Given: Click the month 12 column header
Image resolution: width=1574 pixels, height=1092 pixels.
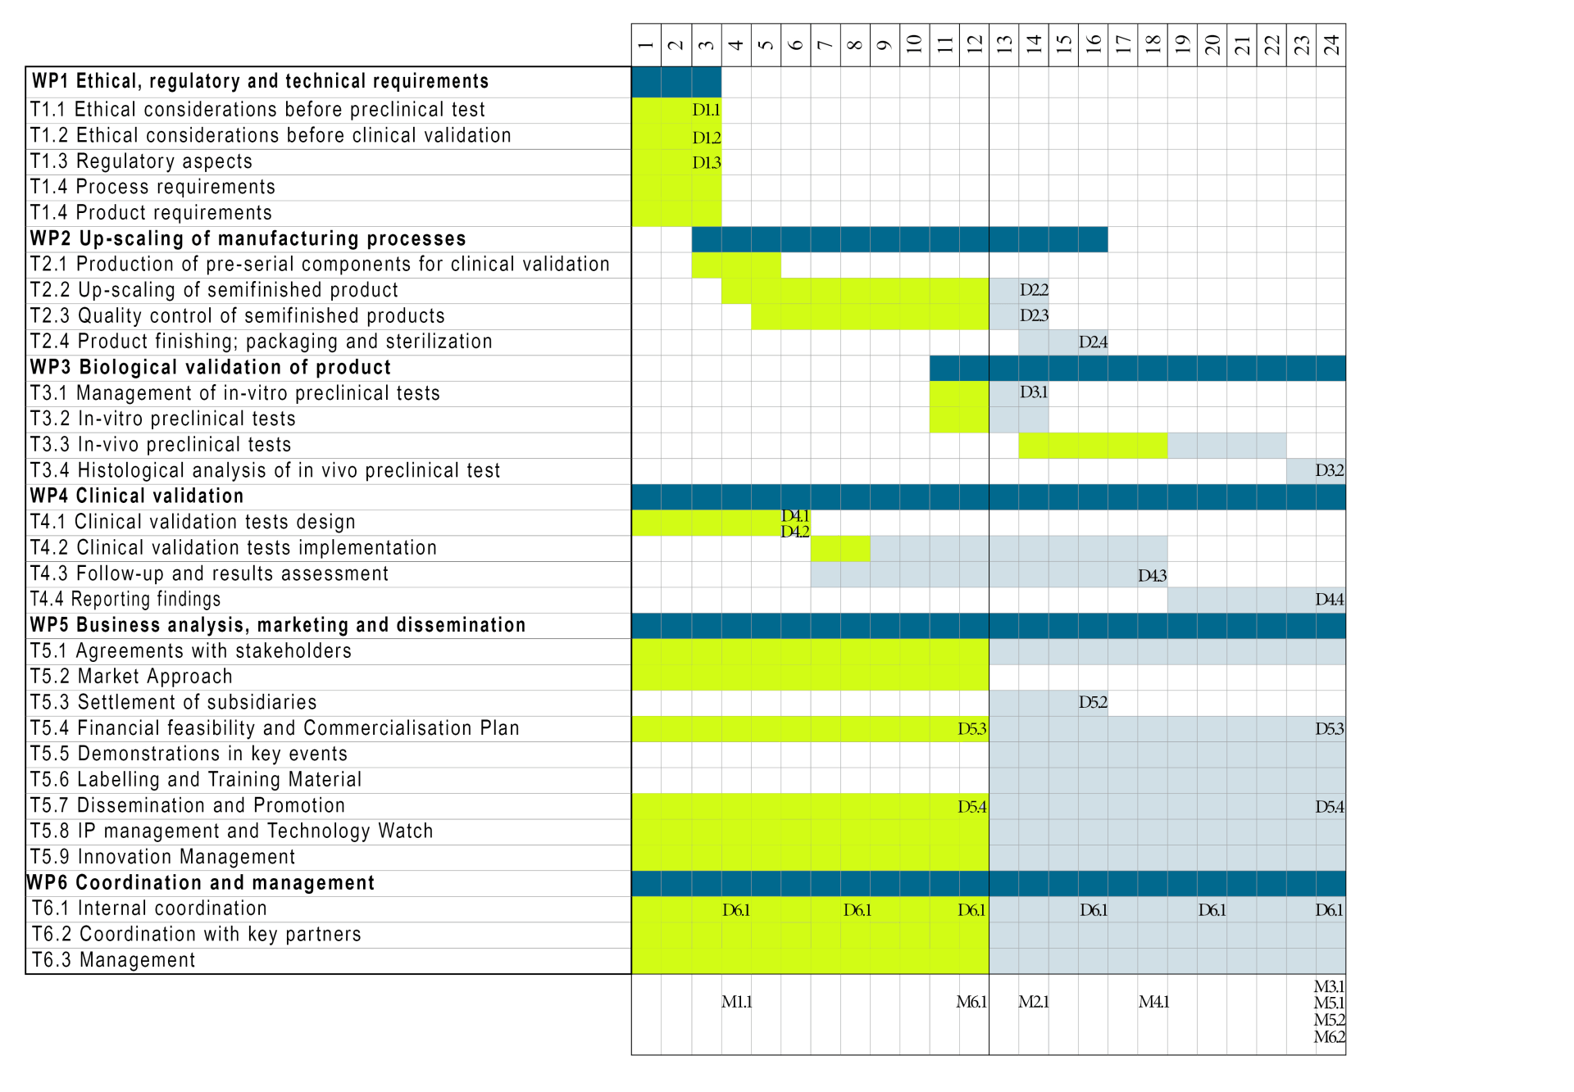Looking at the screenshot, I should (974, 44).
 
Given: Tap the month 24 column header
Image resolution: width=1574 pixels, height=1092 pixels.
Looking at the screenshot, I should (1331, 44).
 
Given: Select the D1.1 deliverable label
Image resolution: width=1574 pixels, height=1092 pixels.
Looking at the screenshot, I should (706, 110).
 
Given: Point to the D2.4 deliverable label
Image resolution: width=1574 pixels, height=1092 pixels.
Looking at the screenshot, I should (1093, 342).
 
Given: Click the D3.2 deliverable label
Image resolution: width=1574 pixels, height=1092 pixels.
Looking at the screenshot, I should (1329, 470).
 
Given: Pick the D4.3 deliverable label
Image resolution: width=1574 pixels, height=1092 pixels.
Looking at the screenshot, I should (1152, 576).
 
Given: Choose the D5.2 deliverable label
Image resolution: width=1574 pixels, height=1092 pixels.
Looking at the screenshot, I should (1093, 702).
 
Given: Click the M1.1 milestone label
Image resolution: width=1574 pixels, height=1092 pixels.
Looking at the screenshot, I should (736, 1001).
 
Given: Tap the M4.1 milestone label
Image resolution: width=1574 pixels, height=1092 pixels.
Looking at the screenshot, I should (1153, 1001).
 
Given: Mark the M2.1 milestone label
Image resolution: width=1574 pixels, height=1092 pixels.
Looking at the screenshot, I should (1034, 1001).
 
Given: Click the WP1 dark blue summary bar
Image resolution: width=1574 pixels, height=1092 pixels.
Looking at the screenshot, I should (676, 82).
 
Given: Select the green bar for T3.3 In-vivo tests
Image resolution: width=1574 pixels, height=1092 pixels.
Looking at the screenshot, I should (1092, 445).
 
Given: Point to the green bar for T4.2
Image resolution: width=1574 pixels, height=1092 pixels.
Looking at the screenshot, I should (840, 548).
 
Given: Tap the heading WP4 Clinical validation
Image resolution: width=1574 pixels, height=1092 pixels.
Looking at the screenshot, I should (137, 496).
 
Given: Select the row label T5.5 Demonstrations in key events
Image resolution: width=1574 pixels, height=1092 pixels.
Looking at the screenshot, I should (189, 754).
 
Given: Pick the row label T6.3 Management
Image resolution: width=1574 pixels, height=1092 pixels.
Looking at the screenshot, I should (113, 960).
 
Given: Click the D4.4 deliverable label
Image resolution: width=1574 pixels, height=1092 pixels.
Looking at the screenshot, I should (1329, 600).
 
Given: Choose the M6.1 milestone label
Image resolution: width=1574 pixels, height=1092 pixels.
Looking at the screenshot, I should (971, 1001).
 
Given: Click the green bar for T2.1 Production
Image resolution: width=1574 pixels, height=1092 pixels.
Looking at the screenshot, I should (735, 265).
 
